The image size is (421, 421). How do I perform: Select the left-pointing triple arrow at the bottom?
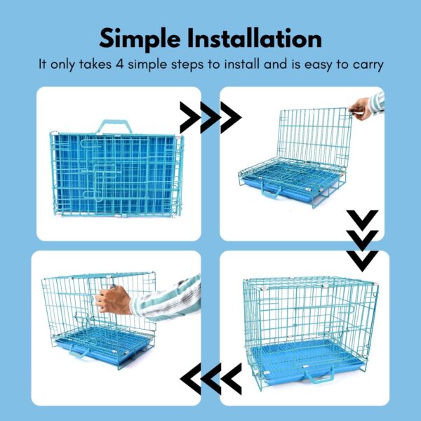tap(210, 378)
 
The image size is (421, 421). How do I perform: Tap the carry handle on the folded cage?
tap(113, 127)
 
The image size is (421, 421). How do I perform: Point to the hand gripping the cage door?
tap(112, 300)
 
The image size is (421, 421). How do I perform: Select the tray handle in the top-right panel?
tap(272, 190)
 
